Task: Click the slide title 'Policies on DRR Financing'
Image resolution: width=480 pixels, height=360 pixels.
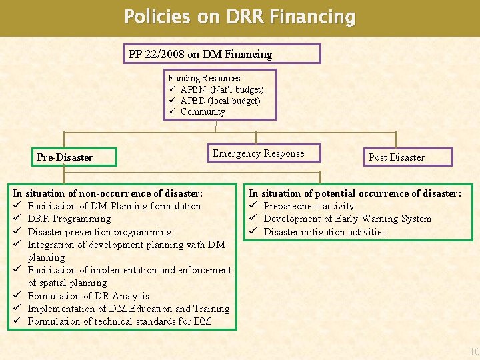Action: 240,17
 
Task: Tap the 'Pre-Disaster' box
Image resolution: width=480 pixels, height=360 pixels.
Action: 65,157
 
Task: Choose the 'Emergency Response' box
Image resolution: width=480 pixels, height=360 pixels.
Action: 259,153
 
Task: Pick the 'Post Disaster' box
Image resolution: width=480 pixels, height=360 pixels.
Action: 397,157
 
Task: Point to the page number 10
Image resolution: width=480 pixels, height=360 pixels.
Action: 474,352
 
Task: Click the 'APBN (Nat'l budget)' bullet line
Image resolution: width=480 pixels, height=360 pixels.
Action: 222,89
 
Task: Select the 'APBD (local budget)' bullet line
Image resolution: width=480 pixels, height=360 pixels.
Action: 220,101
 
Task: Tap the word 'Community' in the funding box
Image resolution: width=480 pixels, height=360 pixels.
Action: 203,111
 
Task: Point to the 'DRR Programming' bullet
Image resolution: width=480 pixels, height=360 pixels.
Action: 69,219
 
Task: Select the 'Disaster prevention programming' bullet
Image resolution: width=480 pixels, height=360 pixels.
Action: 99,232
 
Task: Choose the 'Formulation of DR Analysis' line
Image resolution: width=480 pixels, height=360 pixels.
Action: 88,295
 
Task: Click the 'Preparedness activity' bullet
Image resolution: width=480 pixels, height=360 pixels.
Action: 309,206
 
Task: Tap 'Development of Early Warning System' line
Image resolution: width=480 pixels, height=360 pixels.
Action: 347,219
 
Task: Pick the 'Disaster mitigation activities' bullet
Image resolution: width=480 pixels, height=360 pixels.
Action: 325,232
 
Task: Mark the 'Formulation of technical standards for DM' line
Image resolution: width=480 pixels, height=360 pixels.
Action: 119,321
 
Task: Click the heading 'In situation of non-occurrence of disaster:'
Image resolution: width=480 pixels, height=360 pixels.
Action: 108,193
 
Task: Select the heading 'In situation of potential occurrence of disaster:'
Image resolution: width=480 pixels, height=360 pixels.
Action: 355,193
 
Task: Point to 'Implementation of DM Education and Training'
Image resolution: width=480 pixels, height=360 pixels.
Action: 128,309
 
